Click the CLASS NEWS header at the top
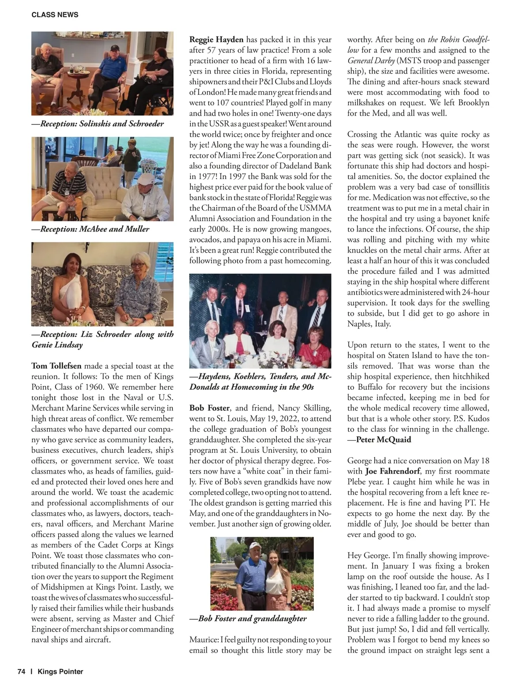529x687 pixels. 55,15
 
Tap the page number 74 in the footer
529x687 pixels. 21,672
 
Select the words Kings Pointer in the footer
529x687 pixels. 60,672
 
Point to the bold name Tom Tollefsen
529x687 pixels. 56,366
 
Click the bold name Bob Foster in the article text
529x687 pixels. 209,408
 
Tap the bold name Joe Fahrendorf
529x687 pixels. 393,471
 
